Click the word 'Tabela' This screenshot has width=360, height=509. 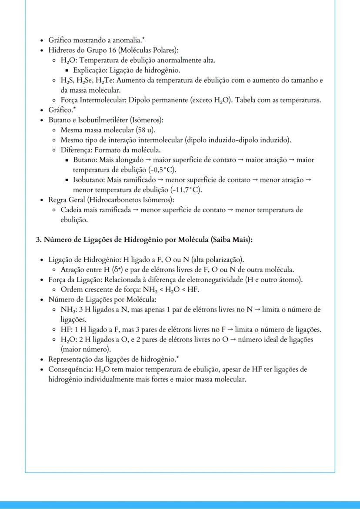click(247, 100)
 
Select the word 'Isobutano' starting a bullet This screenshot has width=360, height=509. click(88, 180)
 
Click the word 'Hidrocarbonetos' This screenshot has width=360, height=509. click(120, 200)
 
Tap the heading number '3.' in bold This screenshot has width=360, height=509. click(38, 240)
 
